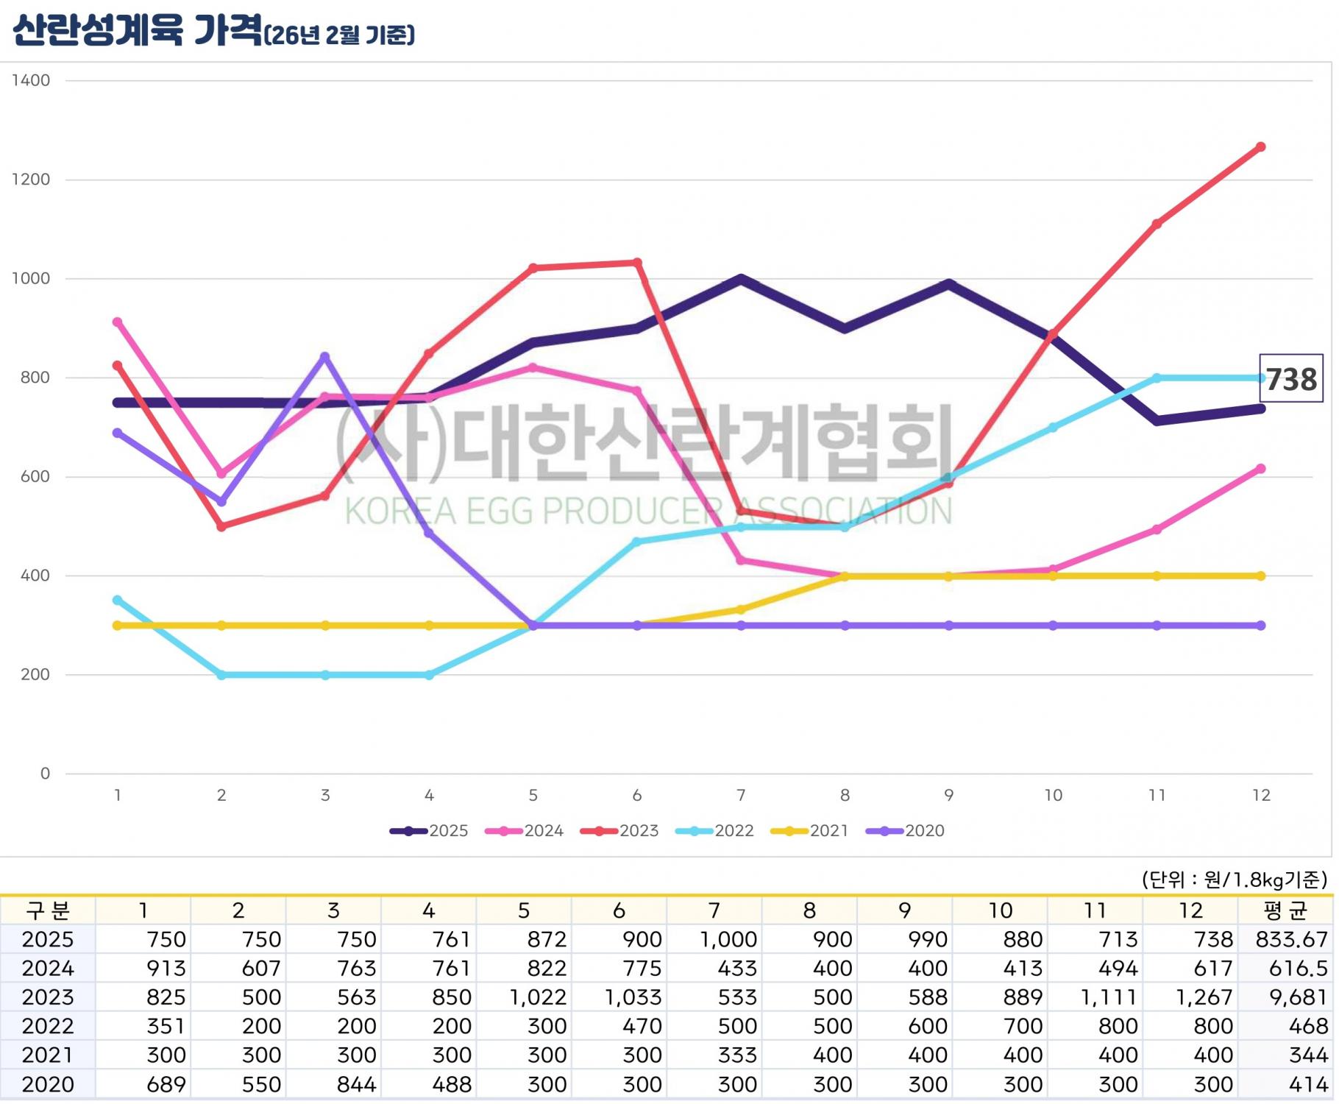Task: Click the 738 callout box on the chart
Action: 1291,379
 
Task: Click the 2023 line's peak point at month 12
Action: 1261,147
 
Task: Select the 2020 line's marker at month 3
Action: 325,357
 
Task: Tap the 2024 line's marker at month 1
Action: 117,322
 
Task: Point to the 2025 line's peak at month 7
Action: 741,279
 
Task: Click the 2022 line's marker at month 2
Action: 221,675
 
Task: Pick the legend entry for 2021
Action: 809,831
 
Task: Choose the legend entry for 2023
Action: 619,831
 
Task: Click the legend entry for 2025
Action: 429,831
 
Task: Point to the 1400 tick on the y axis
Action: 31,80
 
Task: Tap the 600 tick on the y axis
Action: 35,477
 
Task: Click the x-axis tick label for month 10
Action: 1053,796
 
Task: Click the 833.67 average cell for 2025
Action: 1291,940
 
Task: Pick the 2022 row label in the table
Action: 48,1027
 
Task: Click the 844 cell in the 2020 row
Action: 356,1085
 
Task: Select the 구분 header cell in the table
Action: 48,911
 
